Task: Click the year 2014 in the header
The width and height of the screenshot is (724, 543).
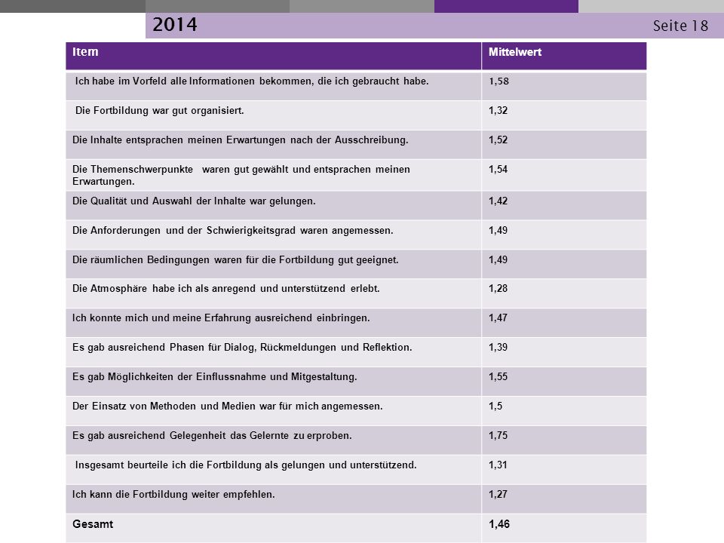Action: point(174,24)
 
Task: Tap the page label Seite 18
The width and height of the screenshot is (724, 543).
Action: point(680,26)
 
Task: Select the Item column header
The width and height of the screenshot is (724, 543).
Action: point(85,52)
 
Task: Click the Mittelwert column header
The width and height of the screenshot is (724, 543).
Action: point(515,52)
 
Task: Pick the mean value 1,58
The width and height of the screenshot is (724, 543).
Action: point(499,81)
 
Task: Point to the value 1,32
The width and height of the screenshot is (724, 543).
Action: point(499,111)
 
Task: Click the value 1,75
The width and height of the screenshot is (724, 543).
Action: point(499,435)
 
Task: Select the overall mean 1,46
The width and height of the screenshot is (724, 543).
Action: point(499,524)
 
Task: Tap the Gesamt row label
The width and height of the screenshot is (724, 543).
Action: point(93,524)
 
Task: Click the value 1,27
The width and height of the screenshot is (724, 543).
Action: point(499,495)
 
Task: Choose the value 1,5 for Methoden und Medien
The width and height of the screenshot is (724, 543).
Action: point(495,406)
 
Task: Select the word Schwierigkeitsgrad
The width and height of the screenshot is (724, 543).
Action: point(250,231)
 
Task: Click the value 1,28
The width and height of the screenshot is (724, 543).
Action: point(499,289)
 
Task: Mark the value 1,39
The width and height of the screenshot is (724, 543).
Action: point(499,347)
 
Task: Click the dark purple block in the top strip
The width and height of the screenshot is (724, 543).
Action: point(506,6)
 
